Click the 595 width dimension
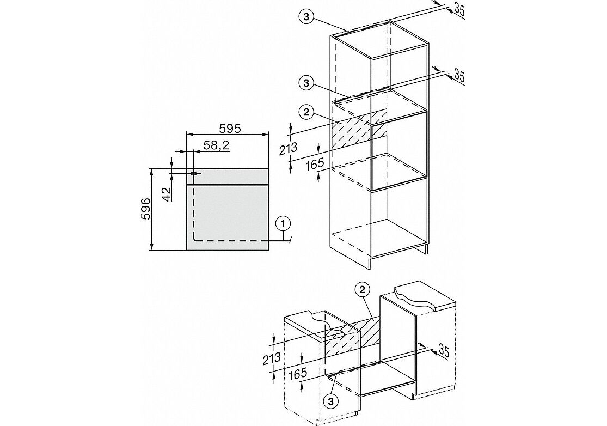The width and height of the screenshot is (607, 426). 230,128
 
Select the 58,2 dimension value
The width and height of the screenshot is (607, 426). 217,145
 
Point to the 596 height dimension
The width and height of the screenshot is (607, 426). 145,209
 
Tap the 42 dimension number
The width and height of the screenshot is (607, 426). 166,194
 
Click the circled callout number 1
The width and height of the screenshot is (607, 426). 283,223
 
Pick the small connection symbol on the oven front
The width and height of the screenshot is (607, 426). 194,173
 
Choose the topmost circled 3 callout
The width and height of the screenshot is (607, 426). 306,16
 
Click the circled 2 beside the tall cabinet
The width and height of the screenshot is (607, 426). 306,113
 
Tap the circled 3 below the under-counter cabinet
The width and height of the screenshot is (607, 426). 330,401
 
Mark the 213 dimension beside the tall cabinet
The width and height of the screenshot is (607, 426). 288,148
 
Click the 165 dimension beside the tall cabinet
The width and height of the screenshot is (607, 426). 314,164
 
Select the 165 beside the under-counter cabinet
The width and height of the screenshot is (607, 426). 298,374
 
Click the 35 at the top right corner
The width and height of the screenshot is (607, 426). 458,10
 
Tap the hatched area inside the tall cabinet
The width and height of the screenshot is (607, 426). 359,129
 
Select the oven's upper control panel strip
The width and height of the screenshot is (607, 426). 228,177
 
